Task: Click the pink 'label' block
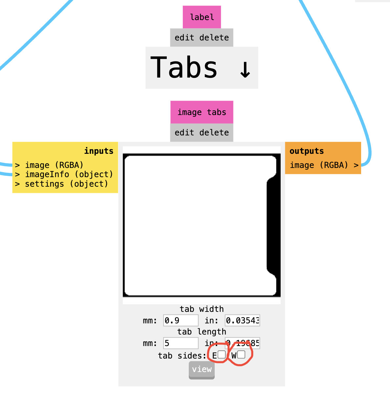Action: [x=202, y=17]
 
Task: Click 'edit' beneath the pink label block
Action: [x=184, y=38]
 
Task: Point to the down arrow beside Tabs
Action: [x=245, y=69]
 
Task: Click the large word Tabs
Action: [x=184, y=68]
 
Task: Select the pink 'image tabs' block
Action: [x=202, y=112]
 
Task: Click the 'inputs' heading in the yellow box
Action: [x=98, y=151]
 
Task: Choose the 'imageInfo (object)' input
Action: [x=69, y=174]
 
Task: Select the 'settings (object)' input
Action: [x=66, y=184]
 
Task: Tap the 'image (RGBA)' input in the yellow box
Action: [x=54, y=165]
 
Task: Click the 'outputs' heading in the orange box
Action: [x=307, y=151]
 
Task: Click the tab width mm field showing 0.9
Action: [x=181, y=320]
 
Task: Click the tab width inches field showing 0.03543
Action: [x=242, y=320]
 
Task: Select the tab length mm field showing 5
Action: [x=181, y=343]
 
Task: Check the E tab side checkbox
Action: [x=222, y=355]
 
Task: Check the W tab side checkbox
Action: [x=241, y=355]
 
